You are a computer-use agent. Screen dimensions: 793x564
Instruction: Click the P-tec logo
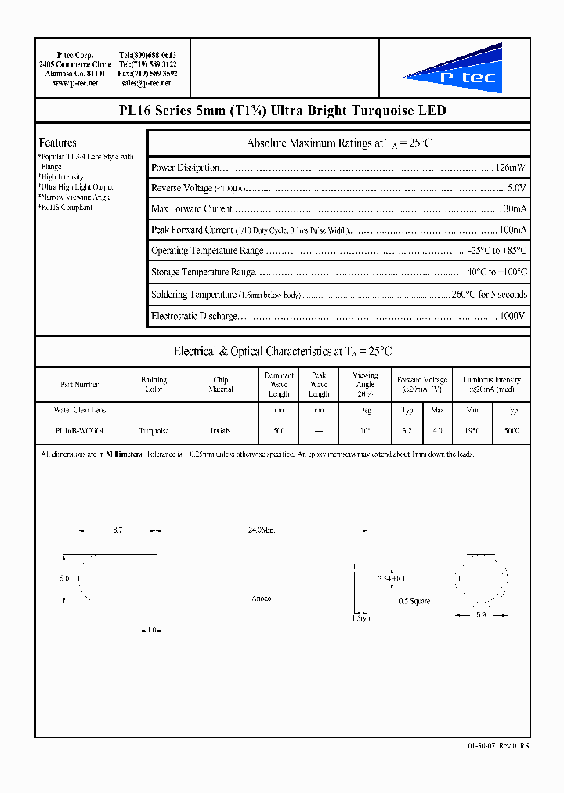coord(454,69)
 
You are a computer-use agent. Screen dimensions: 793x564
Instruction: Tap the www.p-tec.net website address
coord(75,82)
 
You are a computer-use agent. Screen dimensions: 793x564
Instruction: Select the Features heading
coord(58,143)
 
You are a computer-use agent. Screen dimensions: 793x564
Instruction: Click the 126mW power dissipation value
coord(510,167)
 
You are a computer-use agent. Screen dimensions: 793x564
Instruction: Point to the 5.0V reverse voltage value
coord(517,188)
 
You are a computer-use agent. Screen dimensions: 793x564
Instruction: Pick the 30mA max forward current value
coord(515,209)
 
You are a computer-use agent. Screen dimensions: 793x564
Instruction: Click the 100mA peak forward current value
coord(513,230)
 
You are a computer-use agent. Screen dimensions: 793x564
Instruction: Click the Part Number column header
coord(80,385)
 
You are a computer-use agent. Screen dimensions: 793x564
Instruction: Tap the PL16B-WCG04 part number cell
coord(80,431)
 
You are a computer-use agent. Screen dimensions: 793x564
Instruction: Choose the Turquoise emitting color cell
coord(154,431)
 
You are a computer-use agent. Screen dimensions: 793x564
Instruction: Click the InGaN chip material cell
coord(221,431)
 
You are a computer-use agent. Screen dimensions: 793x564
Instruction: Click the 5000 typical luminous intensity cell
coord(512,431)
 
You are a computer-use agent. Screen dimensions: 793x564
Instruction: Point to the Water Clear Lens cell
coord(80,410)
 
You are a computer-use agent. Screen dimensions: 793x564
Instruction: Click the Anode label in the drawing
coord(262,599)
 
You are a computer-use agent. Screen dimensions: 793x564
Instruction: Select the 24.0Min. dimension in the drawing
coord(261,530)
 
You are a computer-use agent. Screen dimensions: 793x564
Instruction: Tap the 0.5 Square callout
coord(414,601)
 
